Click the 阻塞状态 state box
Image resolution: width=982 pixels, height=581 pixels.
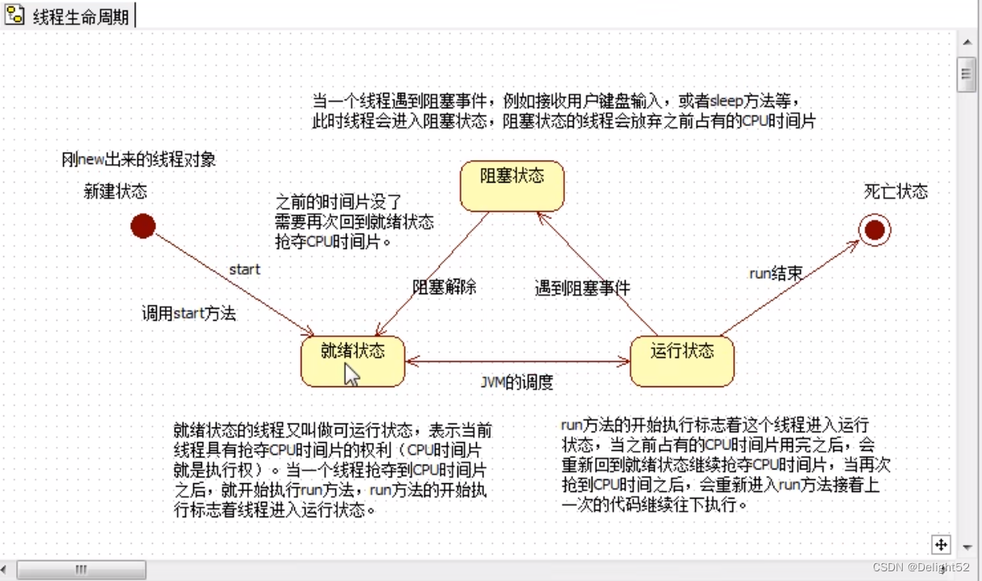512,186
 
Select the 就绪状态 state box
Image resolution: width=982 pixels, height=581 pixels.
352,361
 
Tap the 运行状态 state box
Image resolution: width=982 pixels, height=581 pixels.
682,361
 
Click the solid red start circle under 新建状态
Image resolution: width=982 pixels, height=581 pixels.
143,226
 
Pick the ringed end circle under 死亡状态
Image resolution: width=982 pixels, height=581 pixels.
875,230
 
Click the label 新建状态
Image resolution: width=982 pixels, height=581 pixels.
116,192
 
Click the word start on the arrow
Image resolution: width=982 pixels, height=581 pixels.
244,269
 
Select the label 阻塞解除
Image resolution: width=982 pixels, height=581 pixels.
445,287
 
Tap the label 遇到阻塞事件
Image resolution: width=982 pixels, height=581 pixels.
582,288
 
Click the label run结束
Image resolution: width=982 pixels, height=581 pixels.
776,273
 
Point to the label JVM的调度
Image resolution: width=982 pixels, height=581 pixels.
517,382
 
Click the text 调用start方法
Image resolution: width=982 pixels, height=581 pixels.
189,314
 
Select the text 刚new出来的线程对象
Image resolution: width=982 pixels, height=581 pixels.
139,160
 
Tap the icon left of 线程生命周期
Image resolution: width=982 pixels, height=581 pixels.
15,16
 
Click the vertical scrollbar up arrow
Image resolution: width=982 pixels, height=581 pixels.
966,42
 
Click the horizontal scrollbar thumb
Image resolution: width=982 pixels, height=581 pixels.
81,570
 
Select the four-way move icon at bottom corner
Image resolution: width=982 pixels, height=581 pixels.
942,545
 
